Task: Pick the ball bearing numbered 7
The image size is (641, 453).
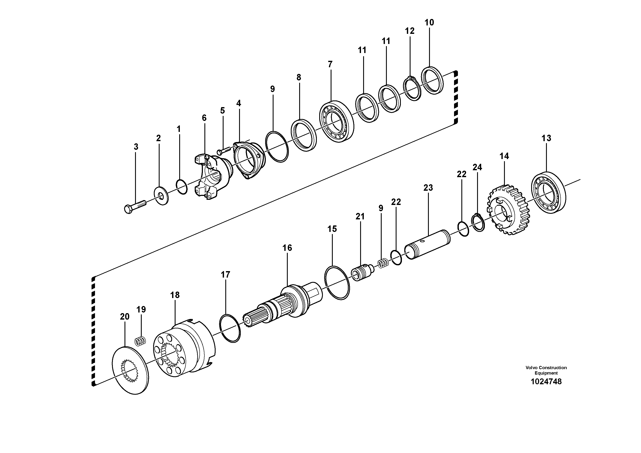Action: coord(336,122)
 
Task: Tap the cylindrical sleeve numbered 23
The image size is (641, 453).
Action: coord(428,244)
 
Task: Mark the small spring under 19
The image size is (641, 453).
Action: coord(140,342)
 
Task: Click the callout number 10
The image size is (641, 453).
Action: coord(429,22)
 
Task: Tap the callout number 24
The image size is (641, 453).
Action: coord(477,167)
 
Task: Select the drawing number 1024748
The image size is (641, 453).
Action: coord(546,381)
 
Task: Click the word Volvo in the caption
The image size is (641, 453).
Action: coord(532,367)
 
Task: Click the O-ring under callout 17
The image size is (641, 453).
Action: coord(230,328)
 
